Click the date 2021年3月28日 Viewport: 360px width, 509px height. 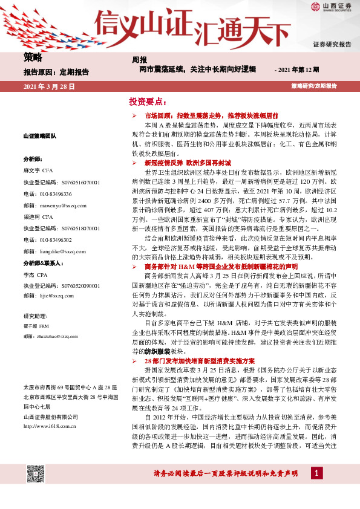click(x=49, y=87)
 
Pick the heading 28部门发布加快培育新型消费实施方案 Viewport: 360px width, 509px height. click(x=201, y=360)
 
